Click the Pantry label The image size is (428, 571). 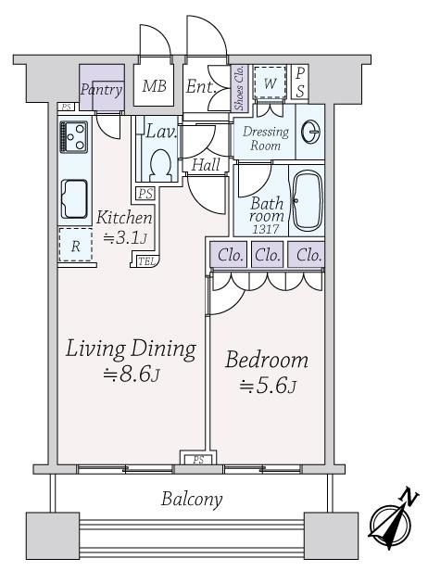[x=101, y=89]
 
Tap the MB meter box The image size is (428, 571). [x=154, y=85]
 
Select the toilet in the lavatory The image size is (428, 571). [x=161, y=165]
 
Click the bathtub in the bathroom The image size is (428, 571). [x=308, y=200]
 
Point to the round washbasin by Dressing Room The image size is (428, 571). [x=311, y=131]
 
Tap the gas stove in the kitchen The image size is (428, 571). [x=74, y=137]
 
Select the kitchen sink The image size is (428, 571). [x=74, y=198]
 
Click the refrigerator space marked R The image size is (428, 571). [x=75, y=245]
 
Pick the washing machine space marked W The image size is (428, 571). [x=270, y=82]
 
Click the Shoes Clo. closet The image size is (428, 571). [x=239, y=88]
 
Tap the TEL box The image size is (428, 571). [x=147, y=261]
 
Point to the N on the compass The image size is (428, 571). [x=409, y=498]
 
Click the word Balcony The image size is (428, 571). [x=192, y=499]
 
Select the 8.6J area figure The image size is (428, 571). [x=132, y=374]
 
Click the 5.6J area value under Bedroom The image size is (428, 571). [x=268, y=386]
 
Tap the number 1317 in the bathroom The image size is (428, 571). [x=266, y=229]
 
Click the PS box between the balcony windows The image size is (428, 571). [x=198, y=458]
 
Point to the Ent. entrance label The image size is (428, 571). [x=201, y=87]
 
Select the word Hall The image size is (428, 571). [x=206, y=165]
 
